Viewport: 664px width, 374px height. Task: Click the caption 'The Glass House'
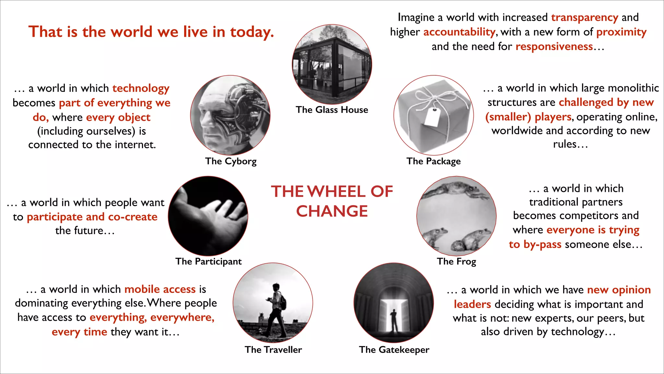[x=332, y=110]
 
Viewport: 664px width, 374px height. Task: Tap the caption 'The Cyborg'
[x=231, y=161]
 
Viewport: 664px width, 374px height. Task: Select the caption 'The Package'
[x=433, y=161]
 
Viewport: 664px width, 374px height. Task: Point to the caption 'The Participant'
[x=208, y=261]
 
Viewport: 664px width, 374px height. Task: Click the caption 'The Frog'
[x=456, y=261]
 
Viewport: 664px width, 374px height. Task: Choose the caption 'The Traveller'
[x=273, y=350]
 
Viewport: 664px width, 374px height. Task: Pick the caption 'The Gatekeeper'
[x=394, y=350]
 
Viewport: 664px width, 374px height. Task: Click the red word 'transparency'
[x=585, y=17]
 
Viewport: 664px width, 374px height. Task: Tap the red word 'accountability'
[x=459, y=32]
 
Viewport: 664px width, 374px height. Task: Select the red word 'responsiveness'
[x=554, y=46]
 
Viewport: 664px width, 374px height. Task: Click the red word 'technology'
[x=141, y=88]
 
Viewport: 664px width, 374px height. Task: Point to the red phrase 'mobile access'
[x=160, y=289]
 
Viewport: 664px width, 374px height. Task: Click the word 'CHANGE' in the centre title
[x=332, y=211]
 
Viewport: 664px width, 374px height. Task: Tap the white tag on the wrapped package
[x=432, y=117]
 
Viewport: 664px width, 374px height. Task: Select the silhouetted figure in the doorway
[x=394, y=320]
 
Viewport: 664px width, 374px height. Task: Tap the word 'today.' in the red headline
[x=252, y=32]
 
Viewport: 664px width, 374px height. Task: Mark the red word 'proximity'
[x=621, y=32]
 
